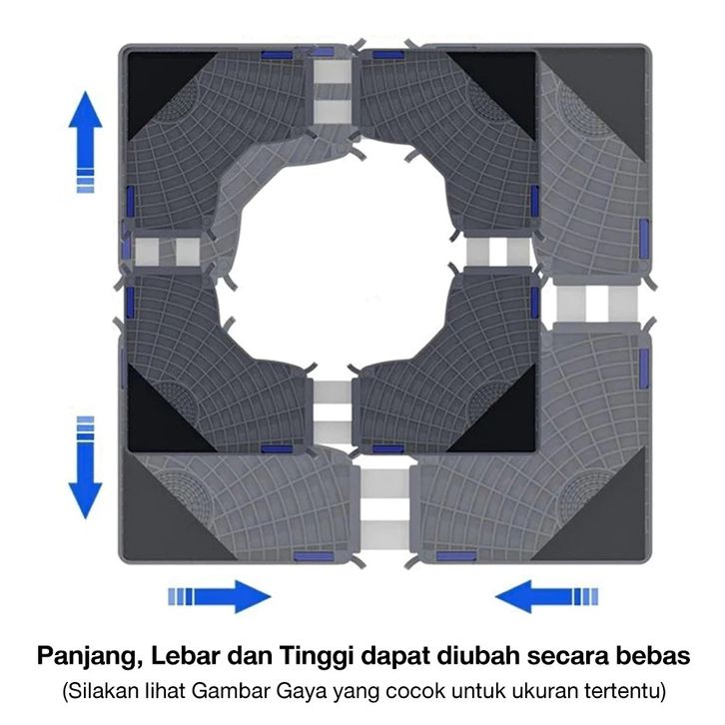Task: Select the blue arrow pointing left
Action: [x=539, y=597]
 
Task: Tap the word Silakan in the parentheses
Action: [x=99, y=690]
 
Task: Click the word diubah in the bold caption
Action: [x=485, y=657]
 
